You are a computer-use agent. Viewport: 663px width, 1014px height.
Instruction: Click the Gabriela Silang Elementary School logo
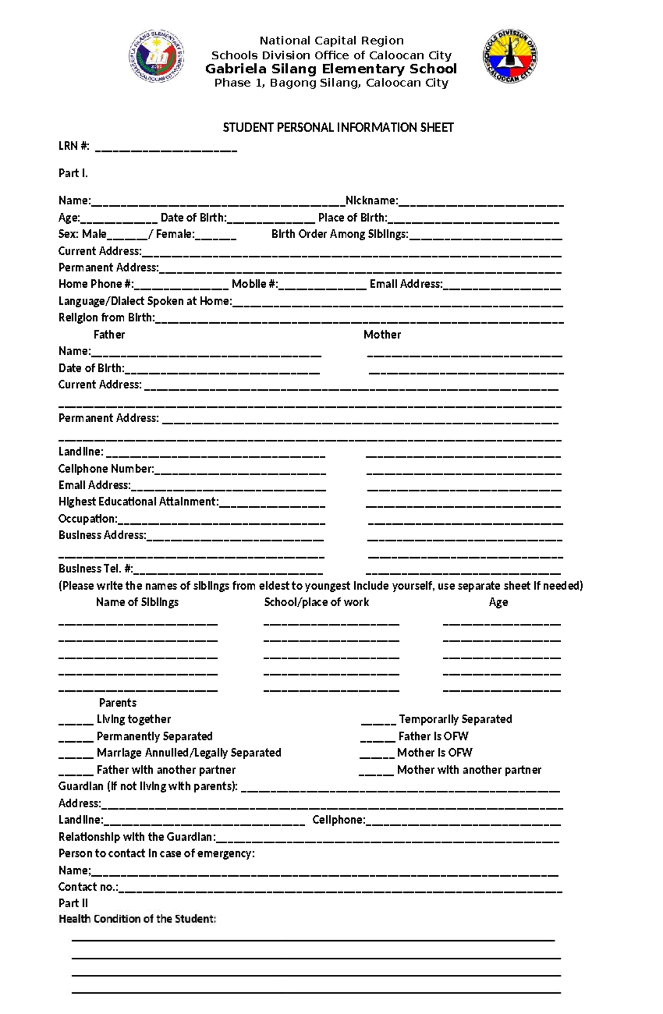click(157, 56)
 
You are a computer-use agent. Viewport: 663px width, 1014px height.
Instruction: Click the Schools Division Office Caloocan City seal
click(509, 56)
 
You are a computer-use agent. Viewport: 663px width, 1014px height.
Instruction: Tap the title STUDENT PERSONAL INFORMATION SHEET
click(338, 128)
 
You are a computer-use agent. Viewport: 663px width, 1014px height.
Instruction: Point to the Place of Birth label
click(352, 218)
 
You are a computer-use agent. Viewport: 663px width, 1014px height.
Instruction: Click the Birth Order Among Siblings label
click(339, 234)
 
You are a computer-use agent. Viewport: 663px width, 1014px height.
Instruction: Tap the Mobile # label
click(254, 284)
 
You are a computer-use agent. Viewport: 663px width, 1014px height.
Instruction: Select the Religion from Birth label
click(107, 318)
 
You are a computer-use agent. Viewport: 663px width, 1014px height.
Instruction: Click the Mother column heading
click(382, 334)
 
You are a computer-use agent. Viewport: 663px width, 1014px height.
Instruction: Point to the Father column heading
click(109, 334)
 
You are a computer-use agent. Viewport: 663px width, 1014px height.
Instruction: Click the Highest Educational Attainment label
click(138, 502)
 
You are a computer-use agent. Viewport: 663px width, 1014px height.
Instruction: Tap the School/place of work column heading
click(316, 602)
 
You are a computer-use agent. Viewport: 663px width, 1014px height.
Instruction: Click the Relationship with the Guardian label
click(136, 837)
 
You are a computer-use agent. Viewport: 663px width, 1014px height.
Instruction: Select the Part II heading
click(73, 903)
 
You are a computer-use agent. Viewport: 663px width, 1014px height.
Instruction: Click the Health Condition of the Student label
click(137, 919)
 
